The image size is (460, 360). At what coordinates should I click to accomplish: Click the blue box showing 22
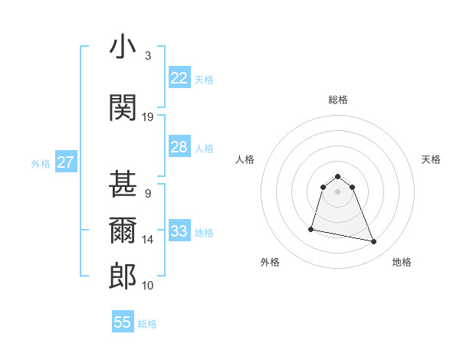(x=179, y=78)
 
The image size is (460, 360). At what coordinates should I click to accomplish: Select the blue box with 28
(x=179, y=147)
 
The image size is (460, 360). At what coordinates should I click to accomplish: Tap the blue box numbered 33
(x=179, y=231)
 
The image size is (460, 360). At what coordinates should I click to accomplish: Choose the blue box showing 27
(x=65, y=162)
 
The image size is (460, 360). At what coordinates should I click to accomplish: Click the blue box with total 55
(x=123, y=322)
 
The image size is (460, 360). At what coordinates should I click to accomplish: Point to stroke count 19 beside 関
(x=148, y=117)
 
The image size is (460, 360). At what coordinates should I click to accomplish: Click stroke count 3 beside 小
(x=147, y=56)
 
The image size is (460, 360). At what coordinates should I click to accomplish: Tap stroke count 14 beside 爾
(x=148, y=240)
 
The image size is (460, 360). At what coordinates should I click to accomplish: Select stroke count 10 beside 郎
(x=148, y=286)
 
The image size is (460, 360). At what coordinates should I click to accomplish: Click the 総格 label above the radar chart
(x=337, y=100)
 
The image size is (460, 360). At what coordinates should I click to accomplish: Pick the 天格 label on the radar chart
(x=431, y=159)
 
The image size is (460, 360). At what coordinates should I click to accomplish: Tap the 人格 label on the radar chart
(x=245, y=159)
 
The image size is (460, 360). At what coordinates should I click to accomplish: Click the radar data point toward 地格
(x=374, y=242)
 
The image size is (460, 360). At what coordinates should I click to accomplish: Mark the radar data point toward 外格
(x=311, y=228)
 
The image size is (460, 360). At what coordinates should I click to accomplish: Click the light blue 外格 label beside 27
(x=41, y=163)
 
